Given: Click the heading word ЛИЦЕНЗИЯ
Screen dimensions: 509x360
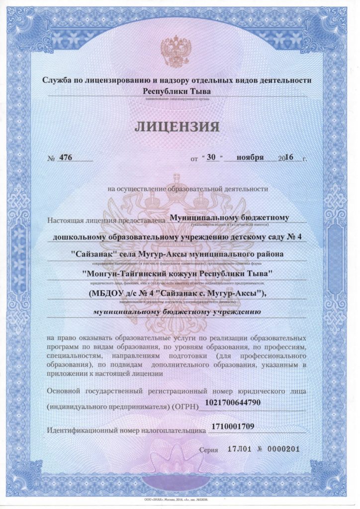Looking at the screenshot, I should (177, 126).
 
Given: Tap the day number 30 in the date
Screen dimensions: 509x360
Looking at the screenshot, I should (212, 157).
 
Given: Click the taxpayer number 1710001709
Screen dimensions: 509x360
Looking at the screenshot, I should (233, 426).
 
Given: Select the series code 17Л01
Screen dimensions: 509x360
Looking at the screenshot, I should (237, 449).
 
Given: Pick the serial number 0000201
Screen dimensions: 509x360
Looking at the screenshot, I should (283, 449).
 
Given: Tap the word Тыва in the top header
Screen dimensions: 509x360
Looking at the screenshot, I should (200, 91).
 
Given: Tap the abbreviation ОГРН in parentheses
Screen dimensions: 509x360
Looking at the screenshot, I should (185, 407).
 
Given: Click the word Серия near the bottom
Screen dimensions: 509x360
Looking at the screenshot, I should (208, 450).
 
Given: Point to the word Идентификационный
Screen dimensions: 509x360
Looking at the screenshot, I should (84, 430).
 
